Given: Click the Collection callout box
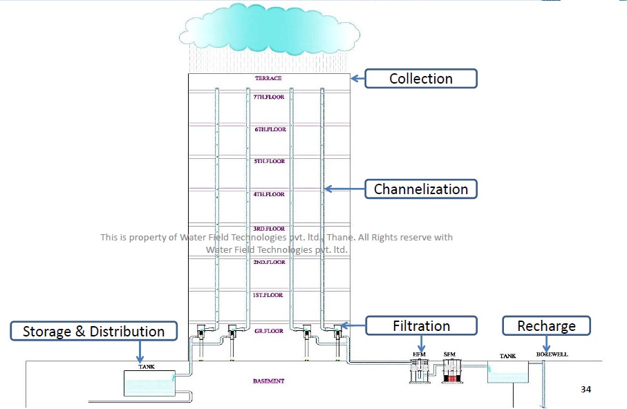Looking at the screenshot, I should point(420,79).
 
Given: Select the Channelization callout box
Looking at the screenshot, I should point(420,189).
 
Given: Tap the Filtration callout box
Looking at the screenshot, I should point(420,326).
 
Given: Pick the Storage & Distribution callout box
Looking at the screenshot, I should point(93,332).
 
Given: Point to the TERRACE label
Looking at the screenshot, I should point(268,79).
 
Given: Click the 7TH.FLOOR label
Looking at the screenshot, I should point(269,97).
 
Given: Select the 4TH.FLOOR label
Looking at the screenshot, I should point(269,195).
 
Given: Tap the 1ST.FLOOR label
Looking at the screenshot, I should point(268,295).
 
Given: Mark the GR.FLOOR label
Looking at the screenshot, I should point(268,331).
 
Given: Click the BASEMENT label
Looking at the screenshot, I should point(268,381).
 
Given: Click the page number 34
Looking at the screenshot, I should point(586,390).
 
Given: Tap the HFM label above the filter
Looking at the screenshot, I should point(419,355).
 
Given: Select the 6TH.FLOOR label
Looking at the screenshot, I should point(269,130).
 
